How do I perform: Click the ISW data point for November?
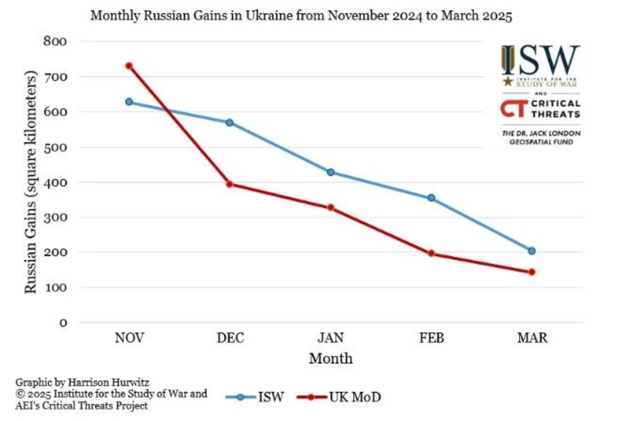pyautogui.click(x=129, y=102)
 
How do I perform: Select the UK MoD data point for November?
pyautogui.click(x=129, y=66)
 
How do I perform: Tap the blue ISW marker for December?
pyautogui.click(x=229, y=123)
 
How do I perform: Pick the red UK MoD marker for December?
pyautogui.click(x=229, y=184)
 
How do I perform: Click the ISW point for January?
pyautogui.click(x=331, y=173)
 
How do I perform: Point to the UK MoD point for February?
pyautogui.click(x=431, y=254)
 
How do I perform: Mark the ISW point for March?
pyautogui.click(x=532, y=251)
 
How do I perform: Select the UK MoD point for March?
pyautogui.click(x=532, y=272)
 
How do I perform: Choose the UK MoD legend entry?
pyautogui.click(x=340, y=397)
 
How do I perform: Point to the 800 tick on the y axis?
pyautogui.click(x=55, y=42)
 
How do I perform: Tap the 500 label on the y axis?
pyautogui.click(x=55, y=147)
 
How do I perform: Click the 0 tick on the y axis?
pyautogui.click(x=63, y=323)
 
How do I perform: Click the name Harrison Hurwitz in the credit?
pyautogui.click(x=108, y=382)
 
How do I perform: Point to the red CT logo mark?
pyautogui.click(x=514, y=108)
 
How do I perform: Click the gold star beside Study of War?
pyautogui.click(x=508, y=81)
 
